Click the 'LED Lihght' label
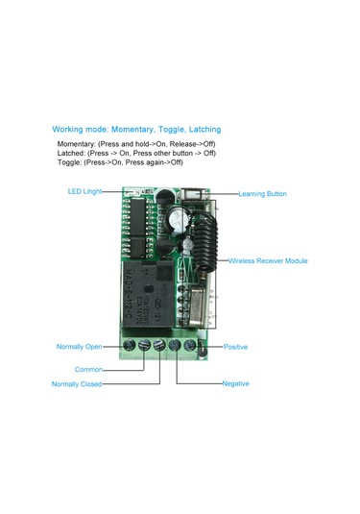click(85, 191)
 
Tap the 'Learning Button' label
click(264, 193)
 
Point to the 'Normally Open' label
click(79, 346)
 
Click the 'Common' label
click(88, 369)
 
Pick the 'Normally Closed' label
click(78, 384)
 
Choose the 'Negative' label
click(235, 383)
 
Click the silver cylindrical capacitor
click(173, 227)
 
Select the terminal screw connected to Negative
click(177, 344)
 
